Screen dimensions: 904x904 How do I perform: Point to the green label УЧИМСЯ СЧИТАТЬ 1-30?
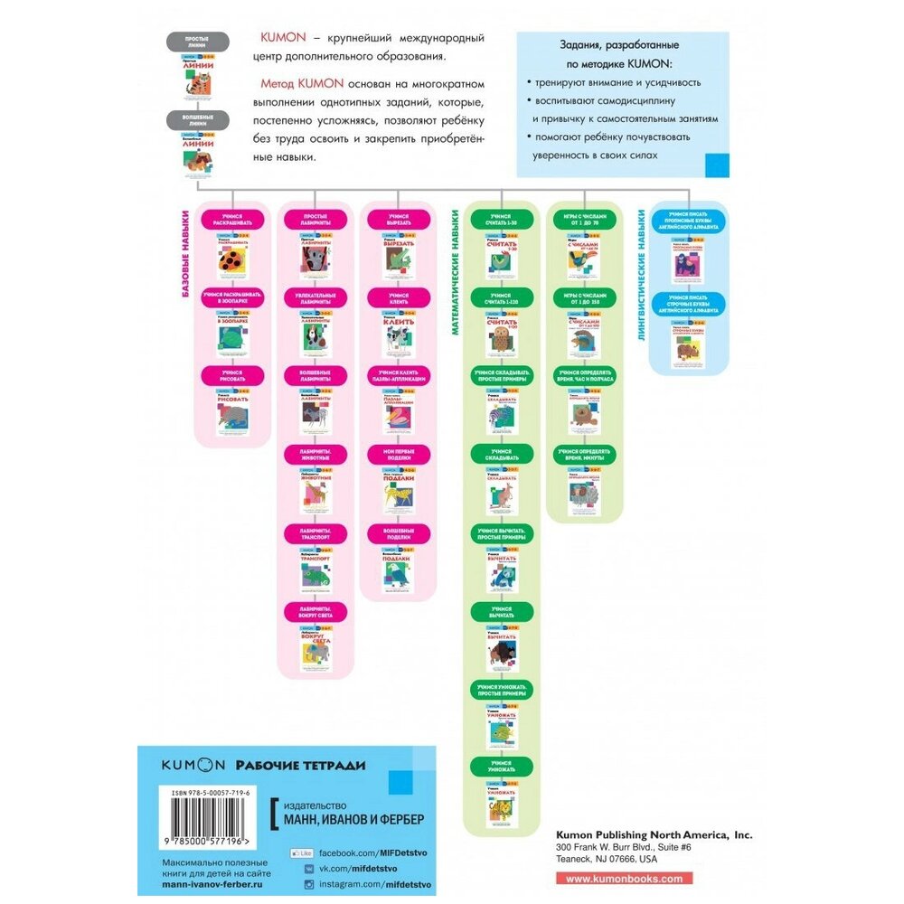[x=501, y=218]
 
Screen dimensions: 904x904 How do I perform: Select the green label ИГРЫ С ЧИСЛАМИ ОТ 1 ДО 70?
[x=583, y=218]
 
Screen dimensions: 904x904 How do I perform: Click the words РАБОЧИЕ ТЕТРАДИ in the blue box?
[x=300, y=765]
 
